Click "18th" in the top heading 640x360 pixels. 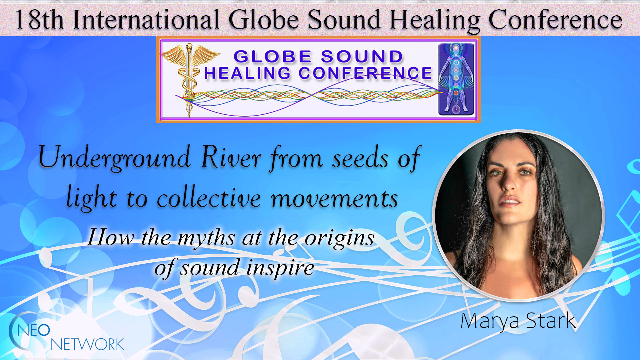39,20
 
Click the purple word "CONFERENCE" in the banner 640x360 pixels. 365,73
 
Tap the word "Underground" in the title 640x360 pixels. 114,158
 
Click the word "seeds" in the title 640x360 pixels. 360,158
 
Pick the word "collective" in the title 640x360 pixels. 209,197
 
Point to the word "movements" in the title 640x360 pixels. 334,199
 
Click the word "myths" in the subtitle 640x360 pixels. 206,239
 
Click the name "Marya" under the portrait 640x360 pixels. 490,321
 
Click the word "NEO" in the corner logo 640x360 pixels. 34,330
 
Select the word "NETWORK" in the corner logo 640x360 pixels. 87,344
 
